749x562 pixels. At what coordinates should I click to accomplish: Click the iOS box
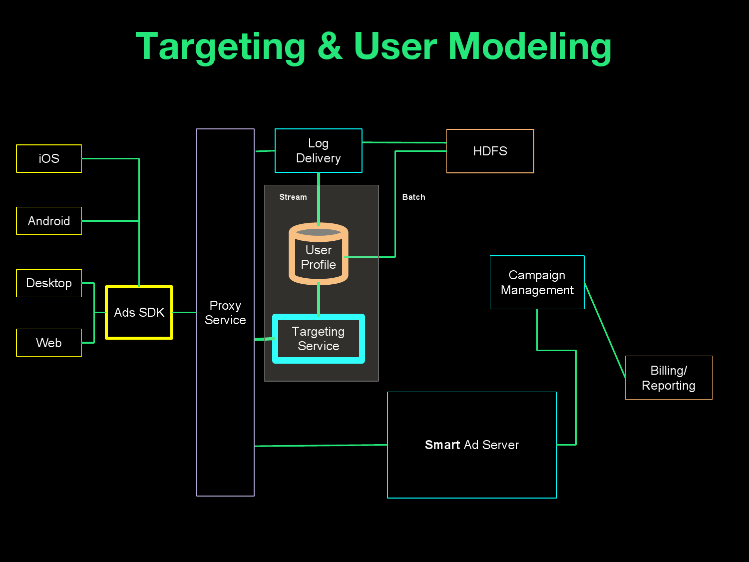click(x=49, y=158)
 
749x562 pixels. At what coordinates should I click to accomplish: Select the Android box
click(x=49, y=221)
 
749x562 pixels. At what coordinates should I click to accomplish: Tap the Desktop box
click(x=49, y=283)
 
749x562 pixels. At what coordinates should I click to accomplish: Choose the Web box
click(x=49, y=343)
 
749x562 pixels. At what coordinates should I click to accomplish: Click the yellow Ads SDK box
click(x=139, y=312)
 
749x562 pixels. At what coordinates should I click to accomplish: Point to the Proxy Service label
click(x=225, y=313)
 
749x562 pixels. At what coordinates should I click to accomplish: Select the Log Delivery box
click(x=319, y=151)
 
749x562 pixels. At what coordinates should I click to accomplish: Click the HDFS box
click(x=490, y=151)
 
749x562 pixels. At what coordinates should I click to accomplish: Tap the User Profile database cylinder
click(x=319, y=255)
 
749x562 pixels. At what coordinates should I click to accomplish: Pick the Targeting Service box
click(x=319, y=339)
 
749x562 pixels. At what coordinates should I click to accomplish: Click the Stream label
click(x=293, y=197)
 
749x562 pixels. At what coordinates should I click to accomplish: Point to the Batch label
click(x=414, y=197)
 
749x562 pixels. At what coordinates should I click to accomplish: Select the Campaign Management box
click(x=537, y=282)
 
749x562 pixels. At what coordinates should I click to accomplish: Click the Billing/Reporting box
click(x=669, y=378)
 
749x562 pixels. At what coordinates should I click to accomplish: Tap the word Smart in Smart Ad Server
click(x=442, y=445)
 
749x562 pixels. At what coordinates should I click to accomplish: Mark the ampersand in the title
click(x=330, y=46)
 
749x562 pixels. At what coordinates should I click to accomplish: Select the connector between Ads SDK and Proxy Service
click(x=184, y=313)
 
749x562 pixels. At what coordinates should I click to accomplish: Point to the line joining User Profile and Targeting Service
click(x=319, y=299)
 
